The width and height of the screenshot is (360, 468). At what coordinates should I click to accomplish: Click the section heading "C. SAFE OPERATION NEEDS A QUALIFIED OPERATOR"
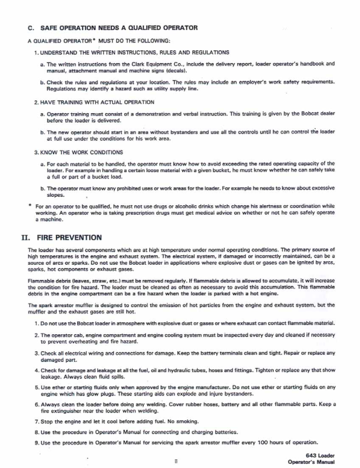[113, 28]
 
